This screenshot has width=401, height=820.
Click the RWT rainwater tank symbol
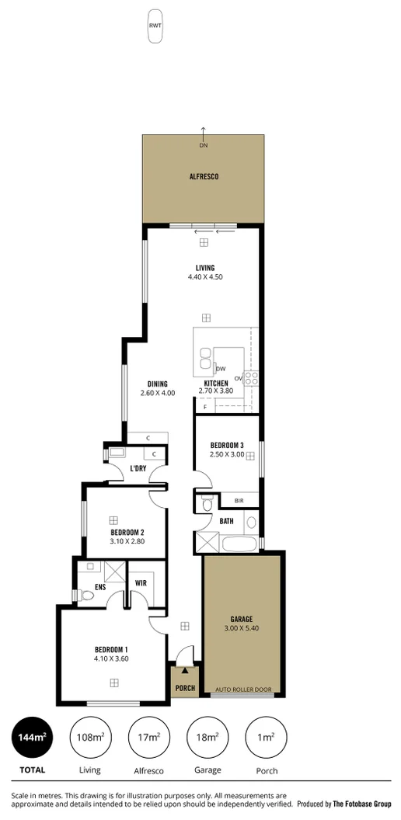click(x=155, y=24)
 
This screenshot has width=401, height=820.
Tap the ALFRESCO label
click(x=204, y=177)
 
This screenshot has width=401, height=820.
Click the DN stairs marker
click(x=204, y=145)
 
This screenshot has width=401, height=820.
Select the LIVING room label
click(x=205, y=268)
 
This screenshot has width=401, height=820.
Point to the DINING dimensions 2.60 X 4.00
click(x=158, y=393)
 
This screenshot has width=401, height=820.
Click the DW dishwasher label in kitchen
click(x=221, y=368)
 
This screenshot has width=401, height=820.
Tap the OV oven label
click(x=239, y=378)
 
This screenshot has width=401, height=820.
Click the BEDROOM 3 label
click(x=227, y=445)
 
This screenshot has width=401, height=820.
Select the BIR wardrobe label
click(x=228, y=501)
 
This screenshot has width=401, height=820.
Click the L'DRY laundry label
click(x=138, y=468)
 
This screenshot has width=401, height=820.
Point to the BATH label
click(x=227, y=521)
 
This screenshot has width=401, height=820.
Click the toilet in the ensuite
click(x=86, y=596)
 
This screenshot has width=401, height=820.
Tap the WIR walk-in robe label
click(x=141, y=582)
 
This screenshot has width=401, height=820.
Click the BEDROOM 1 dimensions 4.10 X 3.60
click(x=111, y=658)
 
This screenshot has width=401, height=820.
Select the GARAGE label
click(x=241, y=619)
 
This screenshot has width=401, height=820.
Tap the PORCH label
click(x=185, y=688)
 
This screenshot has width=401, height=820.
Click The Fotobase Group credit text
click(x=362, y=804)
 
